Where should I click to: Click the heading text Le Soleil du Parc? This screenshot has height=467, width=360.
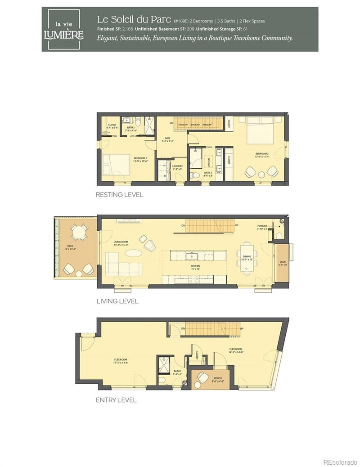coord(120,20)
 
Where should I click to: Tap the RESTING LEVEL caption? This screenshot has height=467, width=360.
coord(120,195)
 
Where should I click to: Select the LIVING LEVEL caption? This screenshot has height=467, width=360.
coord(117,301)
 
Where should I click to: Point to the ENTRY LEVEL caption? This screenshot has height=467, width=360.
coord(116,400)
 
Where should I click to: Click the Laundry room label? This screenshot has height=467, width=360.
coord(177,167)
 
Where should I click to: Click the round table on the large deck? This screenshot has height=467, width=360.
coord(79,232)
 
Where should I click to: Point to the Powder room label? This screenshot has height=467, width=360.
coord(262,227)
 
